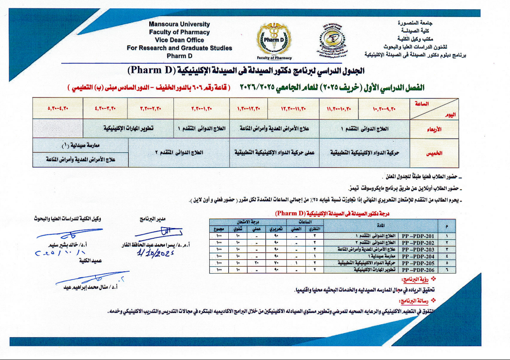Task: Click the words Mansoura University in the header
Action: tap(179, 24)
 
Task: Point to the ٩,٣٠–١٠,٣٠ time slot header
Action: tap(384, 110)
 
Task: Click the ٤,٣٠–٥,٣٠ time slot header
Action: tap(58, 110)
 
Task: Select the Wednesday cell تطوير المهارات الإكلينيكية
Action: tap(128, 128)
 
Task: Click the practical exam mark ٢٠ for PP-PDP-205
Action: tap(256, 263)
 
